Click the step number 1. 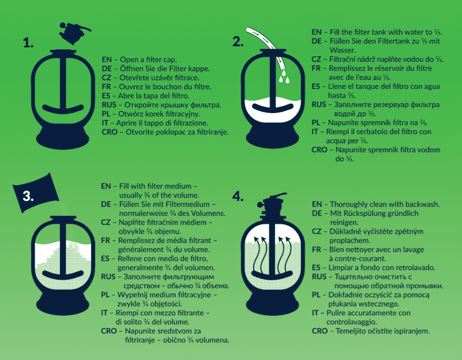point(28,43)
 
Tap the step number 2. point(238,42)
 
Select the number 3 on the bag point(28,196)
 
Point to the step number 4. point(238,196)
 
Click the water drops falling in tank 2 point(284,76)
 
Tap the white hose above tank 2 point(264,44)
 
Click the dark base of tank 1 point(62,138)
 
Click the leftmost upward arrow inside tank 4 point(256,253)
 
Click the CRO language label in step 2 point(319,150)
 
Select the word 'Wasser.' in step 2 point(343,50)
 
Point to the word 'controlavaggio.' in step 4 point(347,322)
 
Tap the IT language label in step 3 point(104,313)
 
